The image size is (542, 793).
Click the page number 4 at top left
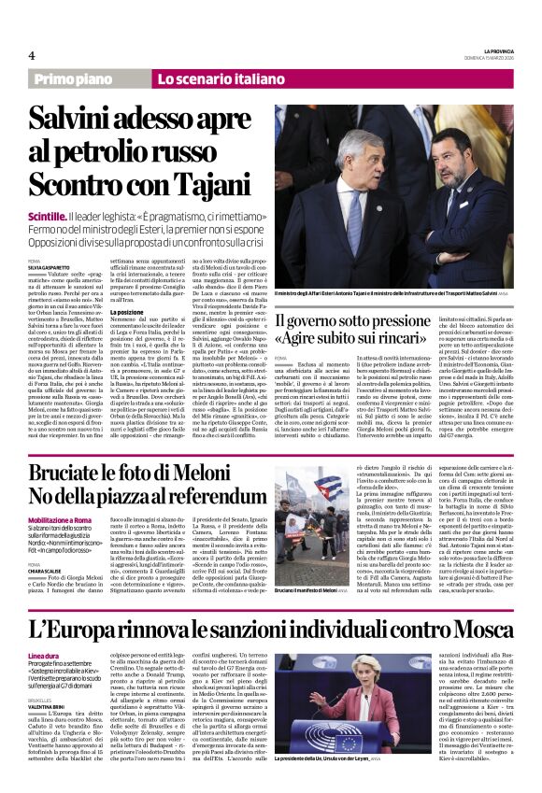click(32, 54)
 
